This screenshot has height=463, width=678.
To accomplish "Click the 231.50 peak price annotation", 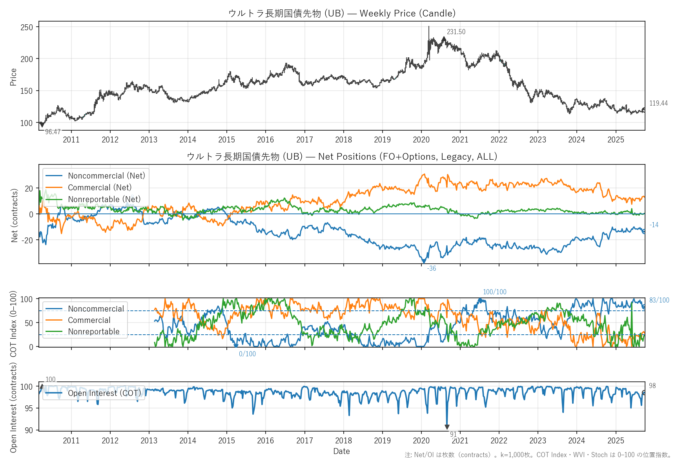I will pos(456,32).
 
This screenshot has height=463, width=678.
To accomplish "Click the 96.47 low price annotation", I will pos(53,132).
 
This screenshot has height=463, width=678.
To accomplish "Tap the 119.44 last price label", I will pos(658,103).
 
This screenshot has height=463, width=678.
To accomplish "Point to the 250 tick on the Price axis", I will pos(27,27).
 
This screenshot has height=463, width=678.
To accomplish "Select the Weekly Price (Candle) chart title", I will pos(342,13).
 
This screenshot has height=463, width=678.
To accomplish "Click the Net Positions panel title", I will pos(342,157).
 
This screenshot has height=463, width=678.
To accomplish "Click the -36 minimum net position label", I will pos(432,268).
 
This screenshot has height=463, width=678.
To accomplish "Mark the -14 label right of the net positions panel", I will pos(654,225).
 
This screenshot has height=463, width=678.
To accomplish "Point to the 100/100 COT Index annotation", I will pos(494,292).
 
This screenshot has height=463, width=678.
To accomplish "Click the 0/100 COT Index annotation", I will pos(247,354).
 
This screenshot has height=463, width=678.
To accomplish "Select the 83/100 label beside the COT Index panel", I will pos(659,300).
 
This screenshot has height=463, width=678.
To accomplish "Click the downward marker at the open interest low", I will pos(447,427).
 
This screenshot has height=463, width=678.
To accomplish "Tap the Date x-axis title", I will pos(341,451).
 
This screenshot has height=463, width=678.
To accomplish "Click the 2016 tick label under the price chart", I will pos(266,140).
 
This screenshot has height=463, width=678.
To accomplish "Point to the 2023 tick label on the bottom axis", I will pos(538,441).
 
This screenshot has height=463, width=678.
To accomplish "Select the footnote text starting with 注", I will pos(538,455).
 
